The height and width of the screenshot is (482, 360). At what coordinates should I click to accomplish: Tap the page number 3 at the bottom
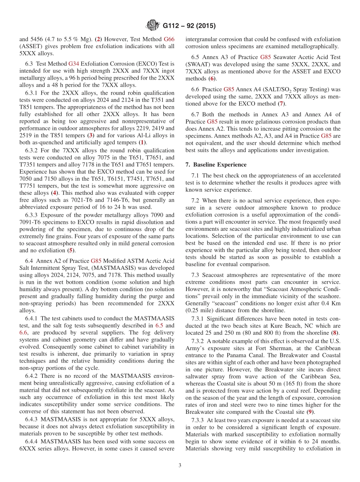pos(180,465)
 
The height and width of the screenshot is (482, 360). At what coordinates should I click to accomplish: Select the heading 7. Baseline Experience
pos(216,164)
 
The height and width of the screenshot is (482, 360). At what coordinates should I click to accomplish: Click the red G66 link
pos(169,39)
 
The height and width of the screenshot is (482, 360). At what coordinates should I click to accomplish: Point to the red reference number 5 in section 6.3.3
pos(70,250)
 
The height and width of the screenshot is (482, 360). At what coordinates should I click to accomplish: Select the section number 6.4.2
pos(33,376)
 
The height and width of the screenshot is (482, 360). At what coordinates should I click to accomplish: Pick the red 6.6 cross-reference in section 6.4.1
pos(23,332)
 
